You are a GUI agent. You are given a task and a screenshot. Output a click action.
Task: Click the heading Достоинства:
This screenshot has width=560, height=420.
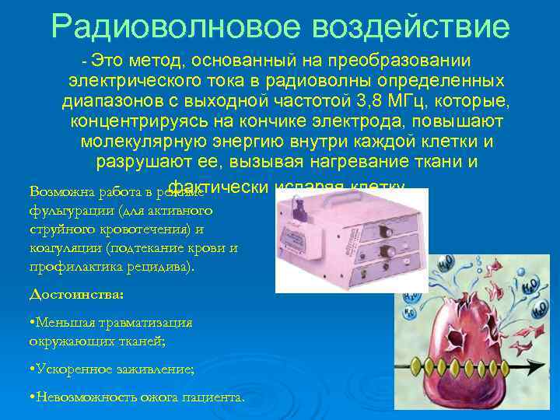tap(76, 295)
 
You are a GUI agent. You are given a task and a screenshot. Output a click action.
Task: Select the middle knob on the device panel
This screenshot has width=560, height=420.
tap(383, 250)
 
